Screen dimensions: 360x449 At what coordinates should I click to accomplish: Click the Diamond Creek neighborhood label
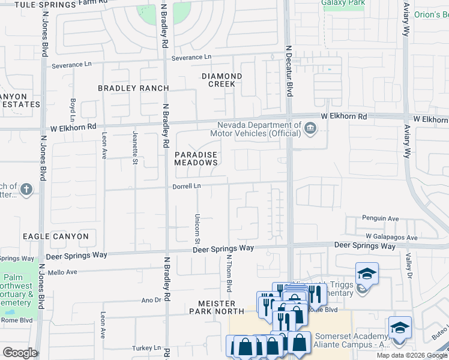(x=221, y=80)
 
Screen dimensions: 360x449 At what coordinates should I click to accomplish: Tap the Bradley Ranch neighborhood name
(x=134, y=88)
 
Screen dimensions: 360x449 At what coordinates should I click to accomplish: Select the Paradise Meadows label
(x=196, y=158)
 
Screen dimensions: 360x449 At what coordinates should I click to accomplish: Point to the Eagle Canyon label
(x=55, y=236)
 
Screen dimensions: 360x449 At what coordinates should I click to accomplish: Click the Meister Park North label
(x=217, y=307)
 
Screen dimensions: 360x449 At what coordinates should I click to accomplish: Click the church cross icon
(x=25, y=190)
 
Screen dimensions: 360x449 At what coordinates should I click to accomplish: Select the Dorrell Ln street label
(x=187, y=187)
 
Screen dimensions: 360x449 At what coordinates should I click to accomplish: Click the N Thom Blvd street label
(x=229, y=271)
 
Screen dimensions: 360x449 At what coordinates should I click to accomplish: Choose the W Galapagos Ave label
(x=391, y=238)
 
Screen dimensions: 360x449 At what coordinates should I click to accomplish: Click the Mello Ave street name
(x=64, y=272)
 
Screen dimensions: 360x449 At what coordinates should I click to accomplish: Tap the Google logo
(x=20, y=352)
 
